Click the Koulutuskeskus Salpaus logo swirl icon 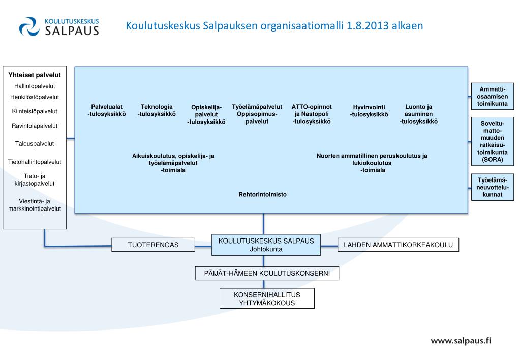click(29, 27)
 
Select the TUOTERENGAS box click(153, 245)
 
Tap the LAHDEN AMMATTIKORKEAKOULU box click(398, 245)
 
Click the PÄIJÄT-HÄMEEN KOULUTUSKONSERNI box click(267, 274)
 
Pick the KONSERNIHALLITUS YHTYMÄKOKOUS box click(267, 299)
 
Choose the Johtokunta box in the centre click(266, 245)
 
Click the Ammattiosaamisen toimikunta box click(492, 97)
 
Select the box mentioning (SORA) click(492, 141)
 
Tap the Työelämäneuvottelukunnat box click(492, 187)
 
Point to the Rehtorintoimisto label click(262, 195)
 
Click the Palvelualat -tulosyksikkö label click(107, 110)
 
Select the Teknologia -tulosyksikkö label click(157, 110)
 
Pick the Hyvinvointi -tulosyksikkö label click(369, 111)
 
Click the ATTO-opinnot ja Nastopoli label click(312, 114)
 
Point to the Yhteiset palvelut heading click(35, 75)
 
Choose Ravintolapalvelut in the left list click(35, 126)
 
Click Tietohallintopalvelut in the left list click(35, 162)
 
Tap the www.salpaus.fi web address click(461, 341)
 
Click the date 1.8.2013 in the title click(367, 25)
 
